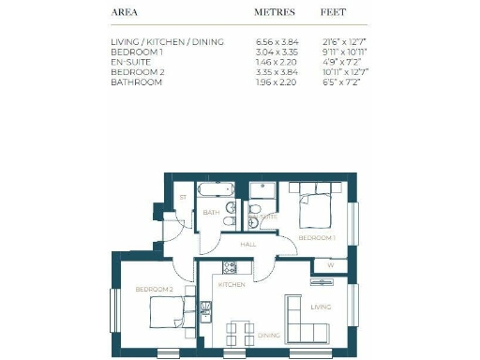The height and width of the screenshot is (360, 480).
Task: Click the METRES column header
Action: click(275, 13)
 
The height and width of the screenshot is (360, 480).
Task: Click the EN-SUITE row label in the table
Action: click(130, 63)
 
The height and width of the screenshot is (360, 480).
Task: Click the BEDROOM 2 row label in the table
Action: click(135, 72)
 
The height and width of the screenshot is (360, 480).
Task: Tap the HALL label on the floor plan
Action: click(248, 244)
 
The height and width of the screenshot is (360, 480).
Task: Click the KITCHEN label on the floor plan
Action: click(232, 284)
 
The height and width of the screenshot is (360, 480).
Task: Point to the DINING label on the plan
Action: click(269, 335)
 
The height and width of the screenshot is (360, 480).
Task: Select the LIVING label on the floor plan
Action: click(322, 306)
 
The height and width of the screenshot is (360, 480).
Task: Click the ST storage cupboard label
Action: click(184, 198)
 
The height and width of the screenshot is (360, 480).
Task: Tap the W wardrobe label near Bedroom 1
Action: click(330, 265)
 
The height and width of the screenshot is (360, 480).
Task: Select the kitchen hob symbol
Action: click(231, 268)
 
